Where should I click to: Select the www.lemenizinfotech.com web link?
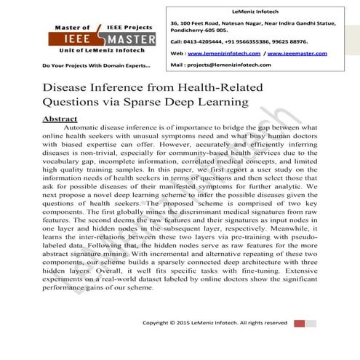[227, 54]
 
